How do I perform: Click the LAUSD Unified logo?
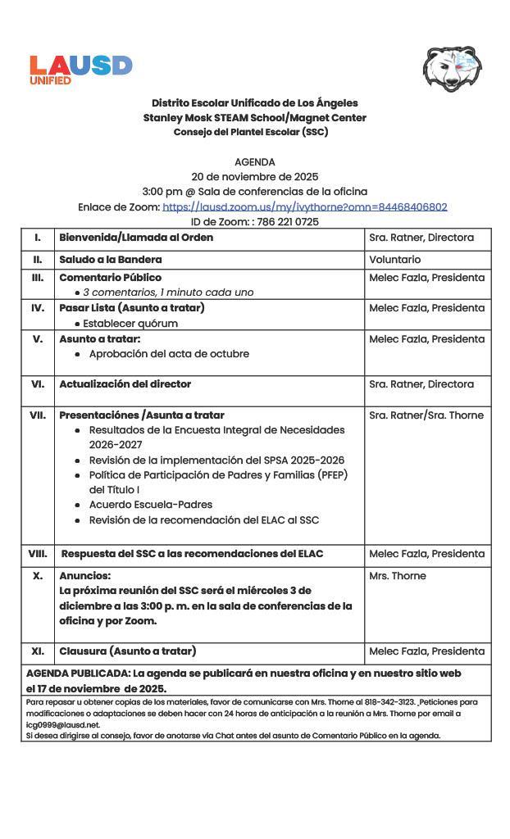coord(80,69)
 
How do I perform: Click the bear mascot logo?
coord(452,69)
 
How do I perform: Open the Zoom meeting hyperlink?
coord(304,207)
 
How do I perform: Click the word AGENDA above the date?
coord(254,162)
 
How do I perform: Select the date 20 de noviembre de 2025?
coord(254,177)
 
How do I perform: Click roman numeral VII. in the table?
coord(38,415)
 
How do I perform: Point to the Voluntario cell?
coord(394,260)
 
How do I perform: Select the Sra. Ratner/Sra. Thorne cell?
coord(426,415)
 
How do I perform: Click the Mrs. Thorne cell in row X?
coord(397,576)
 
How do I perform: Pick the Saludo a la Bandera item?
coord(110,260)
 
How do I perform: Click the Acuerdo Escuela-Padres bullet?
coord(150,505)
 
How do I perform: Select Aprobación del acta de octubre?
coord(169,354)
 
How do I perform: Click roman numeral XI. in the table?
coord(38,651)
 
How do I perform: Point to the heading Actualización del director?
coord(125,384)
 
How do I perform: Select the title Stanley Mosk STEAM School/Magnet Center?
coord(254,118)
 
